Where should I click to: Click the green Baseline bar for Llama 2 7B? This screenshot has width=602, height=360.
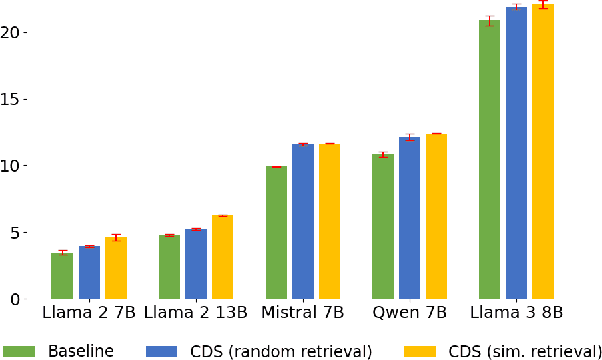pos(62,276)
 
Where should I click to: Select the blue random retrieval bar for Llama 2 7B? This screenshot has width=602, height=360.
pos(89,273)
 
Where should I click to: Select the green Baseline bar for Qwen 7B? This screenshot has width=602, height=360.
pos(383,227)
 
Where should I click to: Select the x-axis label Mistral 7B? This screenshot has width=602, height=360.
pos(302,314)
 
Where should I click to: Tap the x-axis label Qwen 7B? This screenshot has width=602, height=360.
pos(409,314)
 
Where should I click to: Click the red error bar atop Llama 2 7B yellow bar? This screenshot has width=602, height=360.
pos(116,237)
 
